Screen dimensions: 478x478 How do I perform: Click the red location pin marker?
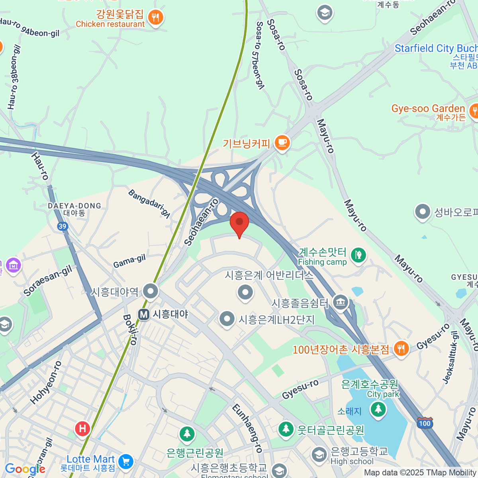point(239,223)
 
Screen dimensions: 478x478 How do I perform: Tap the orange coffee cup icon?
point(282,142)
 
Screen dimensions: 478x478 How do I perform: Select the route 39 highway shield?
point(62,226)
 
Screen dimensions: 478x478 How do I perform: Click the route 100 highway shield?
point(425,423)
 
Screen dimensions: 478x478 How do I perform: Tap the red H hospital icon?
point(82,429)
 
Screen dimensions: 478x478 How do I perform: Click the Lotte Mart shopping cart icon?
point(126,462)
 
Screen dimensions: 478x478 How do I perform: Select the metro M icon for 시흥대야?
point(144,314)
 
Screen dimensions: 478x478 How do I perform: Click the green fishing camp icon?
point(358,255)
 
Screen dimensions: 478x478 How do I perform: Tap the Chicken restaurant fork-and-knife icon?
point(155,17)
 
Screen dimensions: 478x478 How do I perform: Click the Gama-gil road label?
point(129,261)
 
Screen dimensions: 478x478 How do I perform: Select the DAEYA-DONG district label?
point(74,206)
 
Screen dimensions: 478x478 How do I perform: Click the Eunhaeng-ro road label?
point(247,428)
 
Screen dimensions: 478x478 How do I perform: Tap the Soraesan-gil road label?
point(48,281)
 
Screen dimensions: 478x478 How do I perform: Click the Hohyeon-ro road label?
point(46,382)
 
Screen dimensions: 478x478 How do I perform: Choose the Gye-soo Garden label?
point(428,109)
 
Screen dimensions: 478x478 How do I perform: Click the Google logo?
point(25,469)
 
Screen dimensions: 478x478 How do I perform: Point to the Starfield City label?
point(436,49)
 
